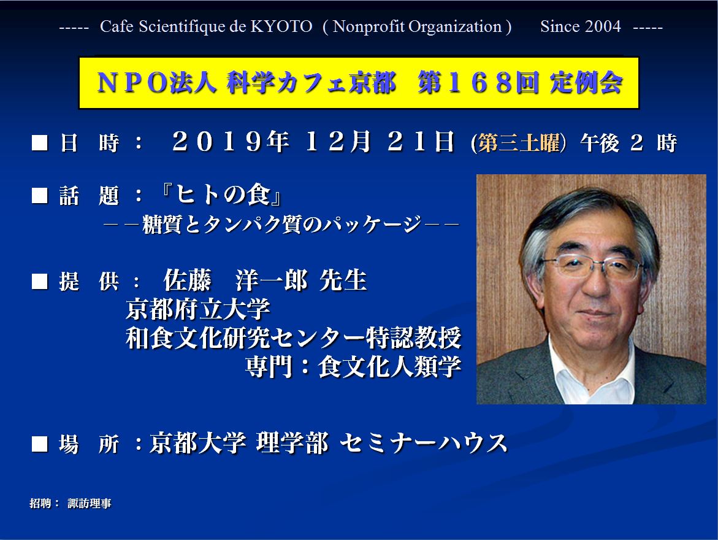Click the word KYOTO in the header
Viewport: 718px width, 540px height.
[281, 26]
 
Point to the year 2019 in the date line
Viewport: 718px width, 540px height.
[217, 142]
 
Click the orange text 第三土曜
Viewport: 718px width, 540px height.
[519, 142]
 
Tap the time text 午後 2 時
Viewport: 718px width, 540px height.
[628, 142]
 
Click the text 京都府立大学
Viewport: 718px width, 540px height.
[198, 309]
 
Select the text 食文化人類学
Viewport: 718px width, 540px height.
[390, 367]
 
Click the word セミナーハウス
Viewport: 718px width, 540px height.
[424, 443]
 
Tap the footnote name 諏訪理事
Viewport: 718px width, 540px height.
[90, 503]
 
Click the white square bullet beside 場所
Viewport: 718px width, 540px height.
[39, 444]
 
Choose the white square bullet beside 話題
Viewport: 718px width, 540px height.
[39, 196]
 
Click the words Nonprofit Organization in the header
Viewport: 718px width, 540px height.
[417, 26]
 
